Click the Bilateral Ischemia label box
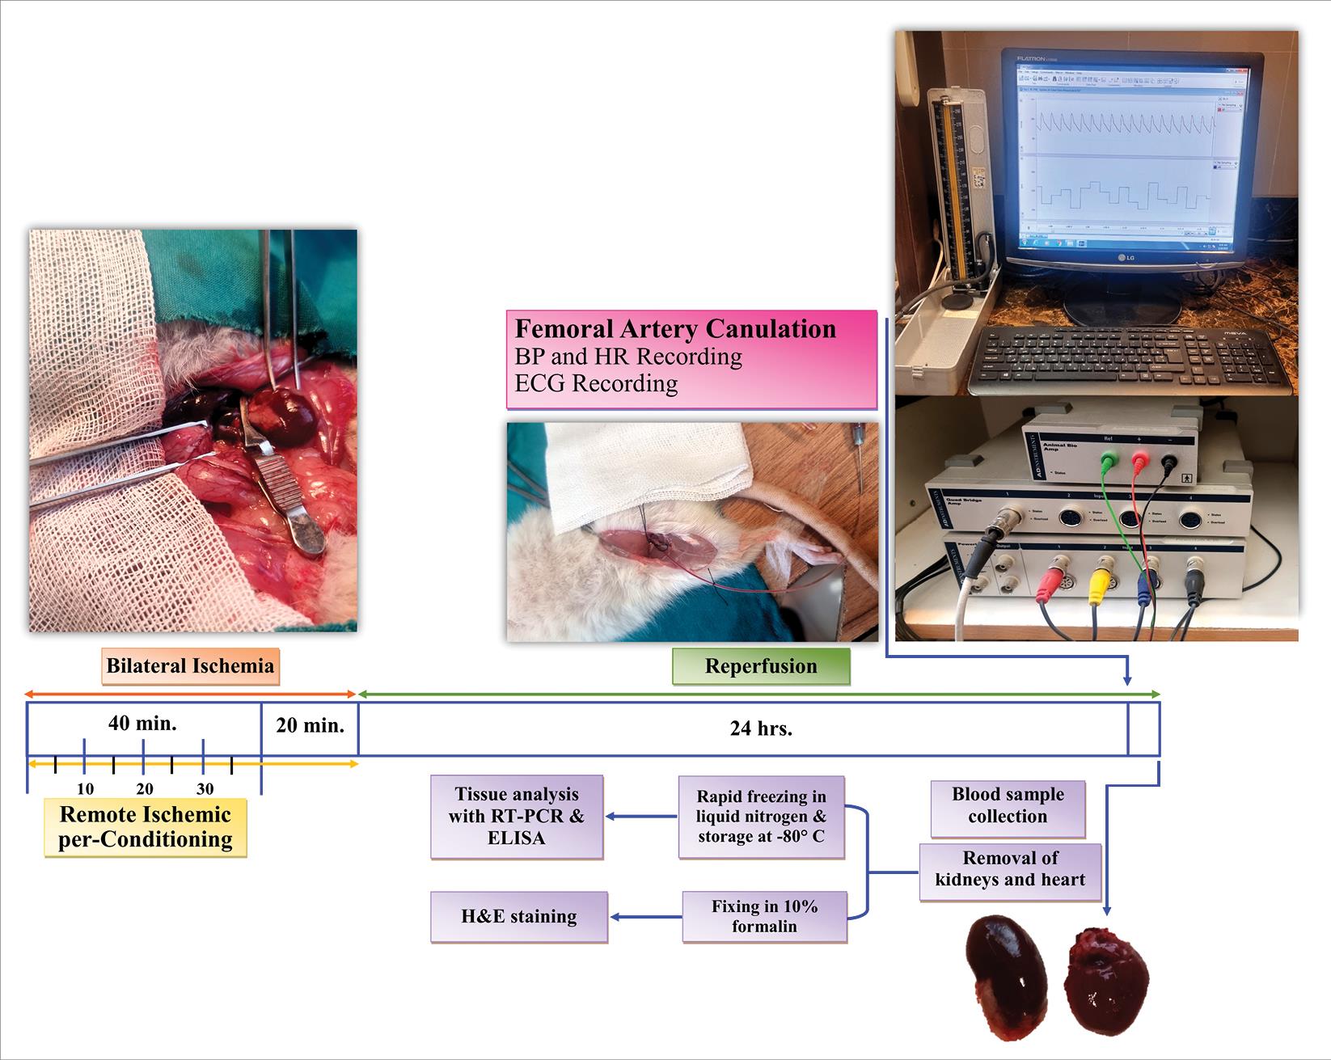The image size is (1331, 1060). click(x=190, y=666)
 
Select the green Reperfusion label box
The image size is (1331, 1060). click(x=761, y=666)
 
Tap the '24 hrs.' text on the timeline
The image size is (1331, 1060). click(x=761, y=728)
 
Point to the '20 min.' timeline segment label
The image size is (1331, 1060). click(x=310, y=724)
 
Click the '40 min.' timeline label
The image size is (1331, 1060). click(x=142, y=723)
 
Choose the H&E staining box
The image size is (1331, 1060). click(x=518, y=917)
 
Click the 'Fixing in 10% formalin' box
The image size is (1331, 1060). click(x=764, y=917)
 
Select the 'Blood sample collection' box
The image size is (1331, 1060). click(x=1008, y=805)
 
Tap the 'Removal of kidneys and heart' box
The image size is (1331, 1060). click(x=1010, y=869)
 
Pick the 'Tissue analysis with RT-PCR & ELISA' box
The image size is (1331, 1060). click(x=517, y=817)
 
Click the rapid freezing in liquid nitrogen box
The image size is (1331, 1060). click(x=761, y=817)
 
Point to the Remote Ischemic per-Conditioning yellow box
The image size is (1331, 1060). click(x=146, y=827)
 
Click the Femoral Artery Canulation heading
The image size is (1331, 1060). click(x=675, y=329)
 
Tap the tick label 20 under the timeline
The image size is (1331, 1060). click(x=145, y=789)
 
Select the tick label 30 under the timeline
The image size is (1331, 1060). click(x=205, y=789)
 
